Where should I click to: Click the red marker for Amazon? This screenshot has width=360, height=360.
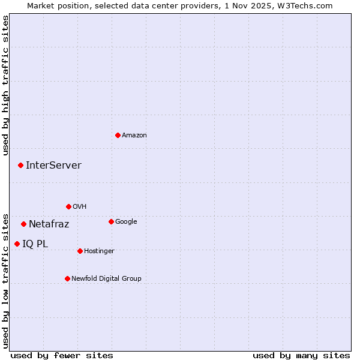[x=118, y=135]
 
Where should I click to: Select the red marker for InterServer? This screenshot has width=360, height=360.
[x=20, y=165]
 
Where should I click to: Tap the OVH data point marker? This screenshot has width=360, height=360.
[x=68, y=206]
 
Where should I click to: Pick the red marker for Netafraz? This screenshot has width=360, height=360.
[x=23, y=224]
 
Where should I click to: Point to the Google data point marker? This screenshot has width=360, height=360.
[x=111, y=221]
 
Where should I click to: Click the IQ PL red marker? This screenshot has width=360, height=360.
[x=17, y=244]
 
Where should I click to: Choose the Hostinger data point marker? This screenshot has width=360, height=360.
[x=80, y=251]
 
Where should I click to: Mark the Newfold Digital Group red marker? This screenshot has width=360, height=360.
[x=67, y=278]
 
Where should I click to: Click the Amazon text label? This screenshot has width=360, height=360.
[x=134, y=136]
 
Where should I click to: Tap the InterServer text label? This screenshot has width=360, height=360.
[x=53, y=166]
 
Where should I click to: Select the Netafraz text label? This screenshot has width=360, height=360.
[x=49, y=224]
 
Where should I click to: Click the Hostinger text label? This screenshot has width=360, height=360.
[x=99, y=251]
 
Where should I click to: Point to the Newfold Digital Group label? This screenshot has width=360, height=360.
[x=106, y=279]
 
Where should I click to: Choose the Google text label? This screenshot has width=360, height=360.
[x=126, y=222]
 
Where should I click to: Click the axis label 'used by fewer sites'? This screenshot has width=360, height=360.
[x=62, y=356]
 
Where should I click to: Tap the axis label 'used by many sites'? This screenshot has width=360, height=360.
[x=301, y=356]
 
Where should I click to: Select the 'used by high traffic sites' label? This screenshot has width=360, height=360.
[x=6, y=85]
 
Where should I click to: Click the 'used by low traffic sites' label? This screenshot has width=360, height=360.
[x=6, y=280]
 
